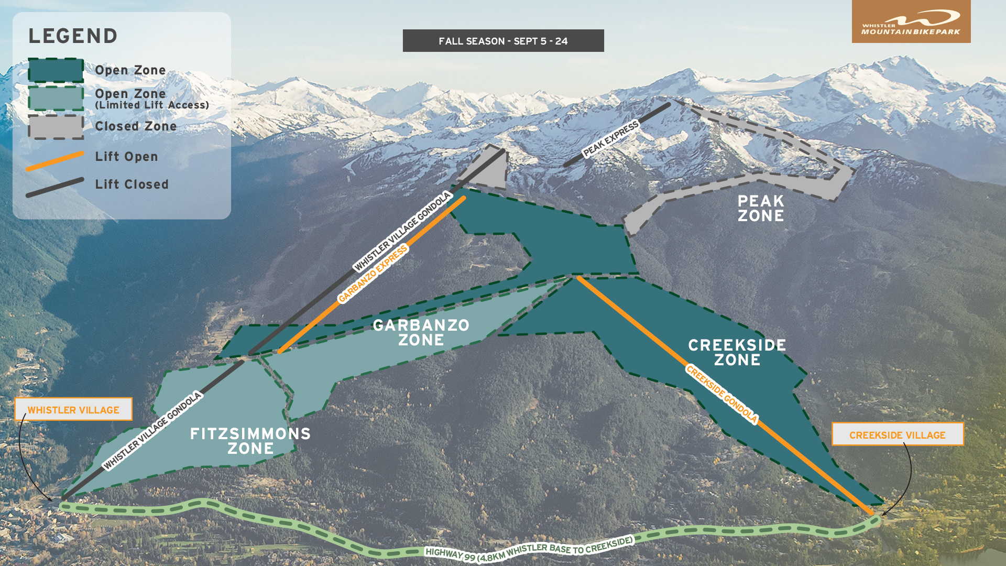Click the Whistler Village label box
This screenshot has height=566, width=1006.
[x=73, y=409]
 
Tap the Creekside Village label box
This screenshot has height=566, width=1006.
[x=897, y=434]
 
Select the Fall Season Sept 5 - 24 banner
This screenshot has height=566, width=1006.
[x=503, y=41]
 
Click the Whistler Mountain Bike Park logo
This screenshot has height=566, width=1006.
[x=911, y=22]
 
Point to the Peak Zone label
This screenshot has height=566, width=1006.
[x=760, y=209]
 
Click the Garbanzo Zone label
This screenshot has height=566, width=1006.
[x=421, y=332]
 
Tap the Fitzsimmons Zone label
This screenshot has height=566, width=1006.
[x=250, y=441]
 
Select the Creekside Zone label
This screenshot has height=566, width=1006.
[x=737, y=352]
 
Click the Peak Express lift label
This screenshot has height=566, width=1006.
[x=611, y=139]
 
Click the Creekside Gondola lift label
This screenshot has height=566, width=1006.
[x=721, y=394]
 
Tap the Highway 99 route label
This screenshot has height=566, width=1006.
[x=529, y=549]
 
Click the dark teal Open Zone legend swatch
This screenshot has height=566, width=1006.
[x=56, y=70]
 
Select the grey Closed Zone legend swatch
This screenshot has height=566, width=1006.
[x=56, y=127]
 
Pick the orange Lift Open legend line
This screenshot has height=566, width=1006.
[x=54, y=161]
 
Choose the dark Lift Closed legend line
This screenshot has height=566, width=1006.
[x=54, y=188]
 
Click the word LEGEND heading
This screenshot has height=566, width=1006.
[x=73, y=36]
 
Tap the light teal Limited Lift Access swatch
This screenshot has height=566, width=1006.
[x=56, y=98]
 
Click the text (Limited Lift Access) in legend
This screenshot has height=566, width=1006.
[x=152, y=105]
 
